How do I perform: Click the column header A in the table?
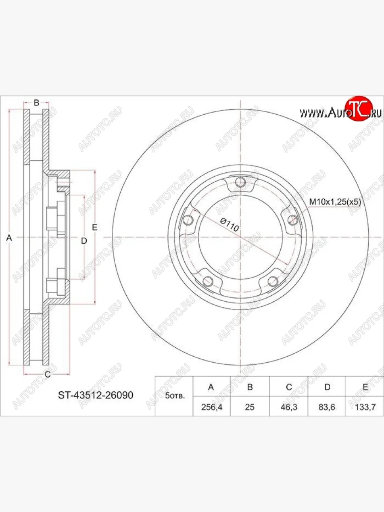click(211, 387)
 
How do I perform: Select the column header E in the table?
click(365, 387)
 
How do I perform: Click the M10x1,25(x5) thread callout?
click(335, 202)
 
